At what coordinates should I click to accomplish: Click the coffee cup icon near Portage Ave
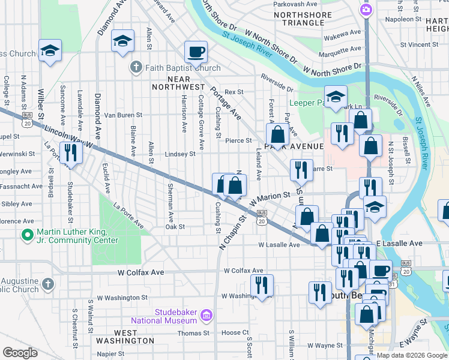point(195,52)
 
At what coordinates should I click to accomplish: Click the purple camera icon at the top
point(366,10)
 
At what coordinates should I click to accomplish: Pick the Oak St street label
point(175,227)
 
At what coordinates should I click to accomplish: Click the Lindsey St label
point(180,154)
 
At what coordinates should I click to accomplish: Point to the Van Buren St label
point(123,115)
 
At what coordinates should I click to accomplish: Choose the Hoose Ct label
point(231,332)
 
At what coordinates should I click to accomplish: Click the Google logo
point(20,353)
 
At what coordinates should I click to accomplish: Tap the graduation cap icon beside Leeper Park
point(336,97)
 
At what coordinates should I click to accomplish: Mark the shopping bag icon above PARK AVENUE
point(277,134)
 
